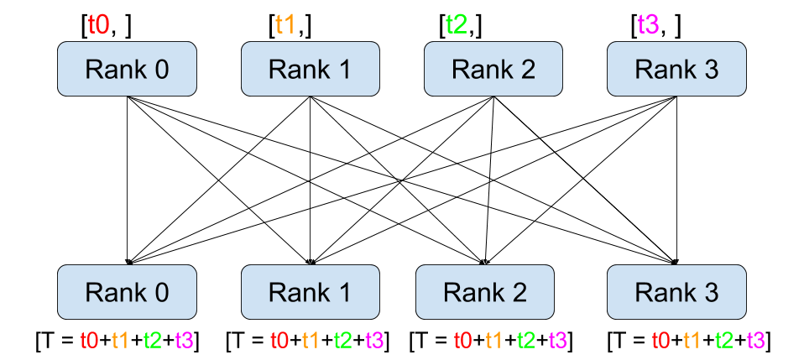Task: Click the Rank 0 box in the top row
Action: [127, 69]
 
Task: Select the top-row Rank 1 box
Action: [311, 69]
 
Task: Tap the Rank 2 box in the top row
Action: [493, 69]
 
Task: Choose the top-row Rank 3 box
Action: [676, 69]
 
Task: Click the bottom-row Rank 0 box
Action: [127, 292]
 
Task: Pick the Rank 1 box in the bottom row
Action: [311, 292]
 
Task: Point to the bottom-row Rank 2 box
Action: [485, 292]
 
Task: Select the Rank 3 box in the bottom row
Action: [676, 292]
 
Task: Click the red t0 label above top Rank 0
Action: [98, 24]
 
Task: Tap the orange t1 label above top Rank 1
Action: [285, 24]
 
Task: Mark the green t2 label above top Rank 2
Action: [456, 24]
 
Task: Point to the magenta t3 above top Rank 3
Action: [648, 24]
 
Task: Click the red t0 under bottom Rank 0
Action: [89, 341]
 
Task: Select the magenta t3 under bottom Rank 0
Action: [184, 341]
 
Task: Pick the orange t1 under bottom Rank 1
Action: [311, 341]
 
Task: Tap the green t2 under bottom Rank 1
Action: [342, 341]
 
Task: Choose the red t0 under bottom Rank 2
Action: [462, 341]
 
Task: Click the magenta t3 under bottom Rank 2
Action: [557, 341]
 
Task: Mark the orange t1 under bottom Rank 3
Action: [692, 341]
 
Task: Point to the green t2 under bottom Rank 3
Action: [723, 341]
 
